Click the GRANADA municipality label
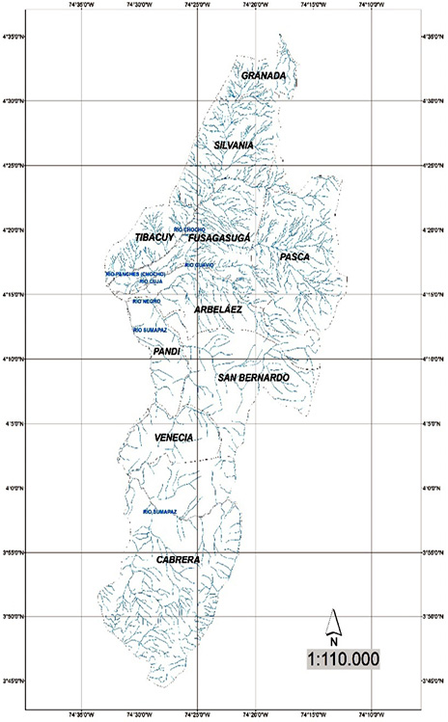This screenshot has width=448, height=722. click(264, 75)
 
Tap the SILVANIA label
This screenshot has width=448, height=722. click(233, 144)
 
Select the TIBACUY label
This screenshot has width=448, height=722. click(154, 236)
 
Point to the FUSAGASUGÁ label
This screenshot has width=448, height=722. click(219, 236)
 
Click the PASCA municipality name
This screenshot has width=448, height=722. click(294, 256)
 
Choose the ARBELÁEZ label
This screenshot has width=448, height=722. click(217, 309)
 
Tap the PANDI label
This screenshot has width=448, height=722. click(167, 352)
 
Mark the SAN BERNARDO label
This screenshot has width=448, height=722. click(253, 377)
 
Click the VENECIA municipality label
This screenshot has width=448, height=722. click(174, 438)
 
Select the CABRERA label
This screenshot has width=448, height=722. click(178, 559)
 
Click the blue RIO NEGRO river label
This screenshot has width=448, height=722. click(147, 302)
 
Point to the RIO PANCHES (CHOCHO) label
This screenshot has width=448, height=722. click(136, 274)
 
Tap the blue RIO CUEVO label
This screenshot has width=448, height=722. click(199, 264)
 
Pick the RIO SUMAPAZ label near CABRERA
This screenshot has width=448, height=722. click(159, 511)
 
